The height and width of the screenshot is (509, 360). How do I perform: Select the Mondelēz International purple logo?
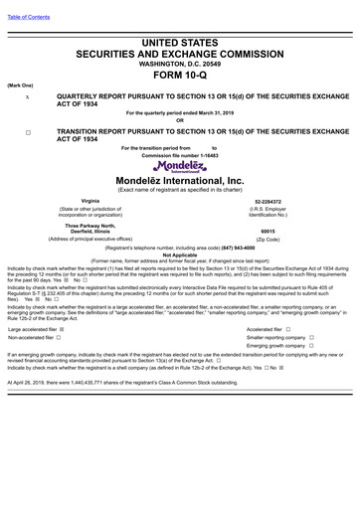tap(180, 163)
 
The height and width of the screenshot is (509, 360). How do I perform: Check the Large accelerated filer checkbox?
tap(63, 328)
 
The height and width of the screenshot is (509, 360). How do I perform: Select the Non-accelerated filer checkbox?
tap(59, 337)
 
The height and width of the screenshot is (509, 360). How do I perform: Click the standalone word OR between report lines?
tap(180, 120)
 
